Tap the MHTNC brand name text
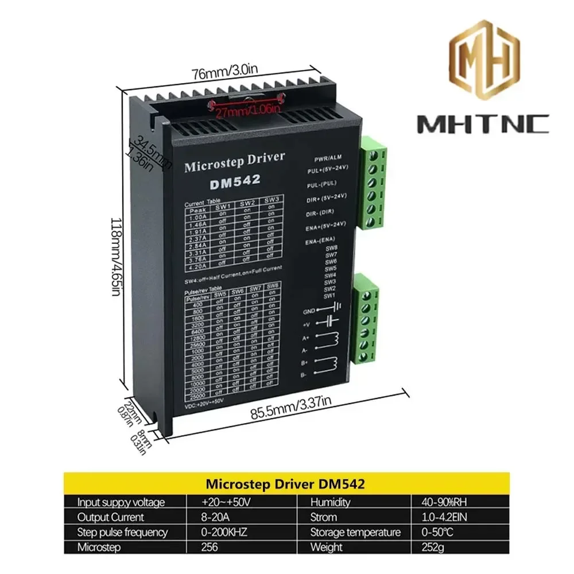pos(483,123)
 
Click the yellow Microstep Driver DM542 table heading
pos(286,483)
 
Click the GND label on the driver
pos(308,312)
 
